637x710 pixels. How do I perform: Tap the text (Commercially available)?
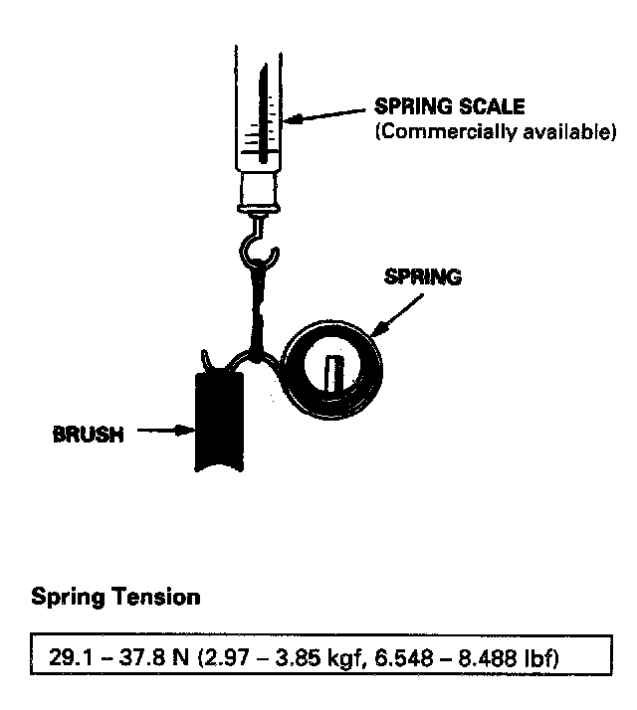[x=495, y=132]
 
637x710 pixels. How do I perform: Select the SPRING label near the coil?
[x=422, y=277]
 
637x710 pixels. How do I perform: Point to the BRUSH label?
[x=89, y=434]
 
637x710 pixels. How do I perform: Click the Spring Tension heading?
[x=115, y=598]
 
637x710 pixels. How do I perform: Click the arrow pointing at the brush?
[x=160, y=432]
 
